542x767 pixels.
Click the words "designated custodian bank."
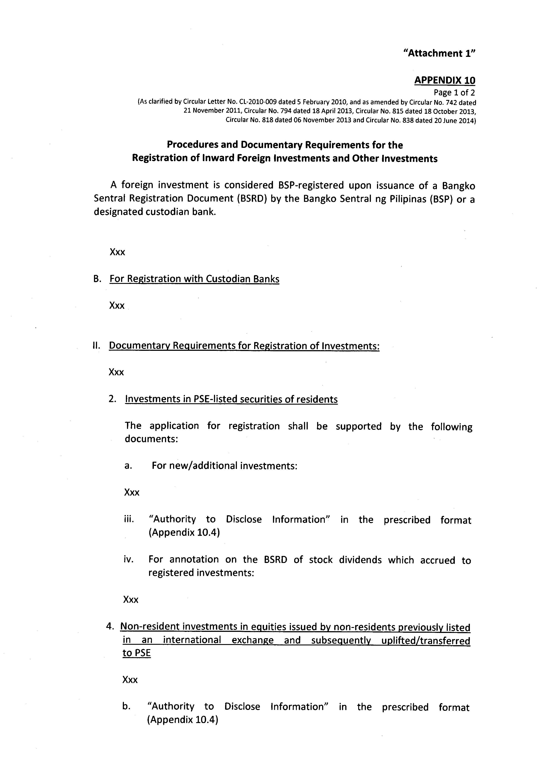pos(155,212)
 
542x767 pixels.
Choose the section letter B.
pos(97,279)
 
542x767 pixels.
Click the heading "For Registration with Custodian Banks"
pos(194,279)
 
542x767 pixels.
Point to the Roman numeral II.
pos(96,346)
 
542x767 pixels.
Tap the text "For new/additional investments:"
pos(224,466)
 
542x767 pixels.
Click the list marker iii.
pos(129,519)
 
